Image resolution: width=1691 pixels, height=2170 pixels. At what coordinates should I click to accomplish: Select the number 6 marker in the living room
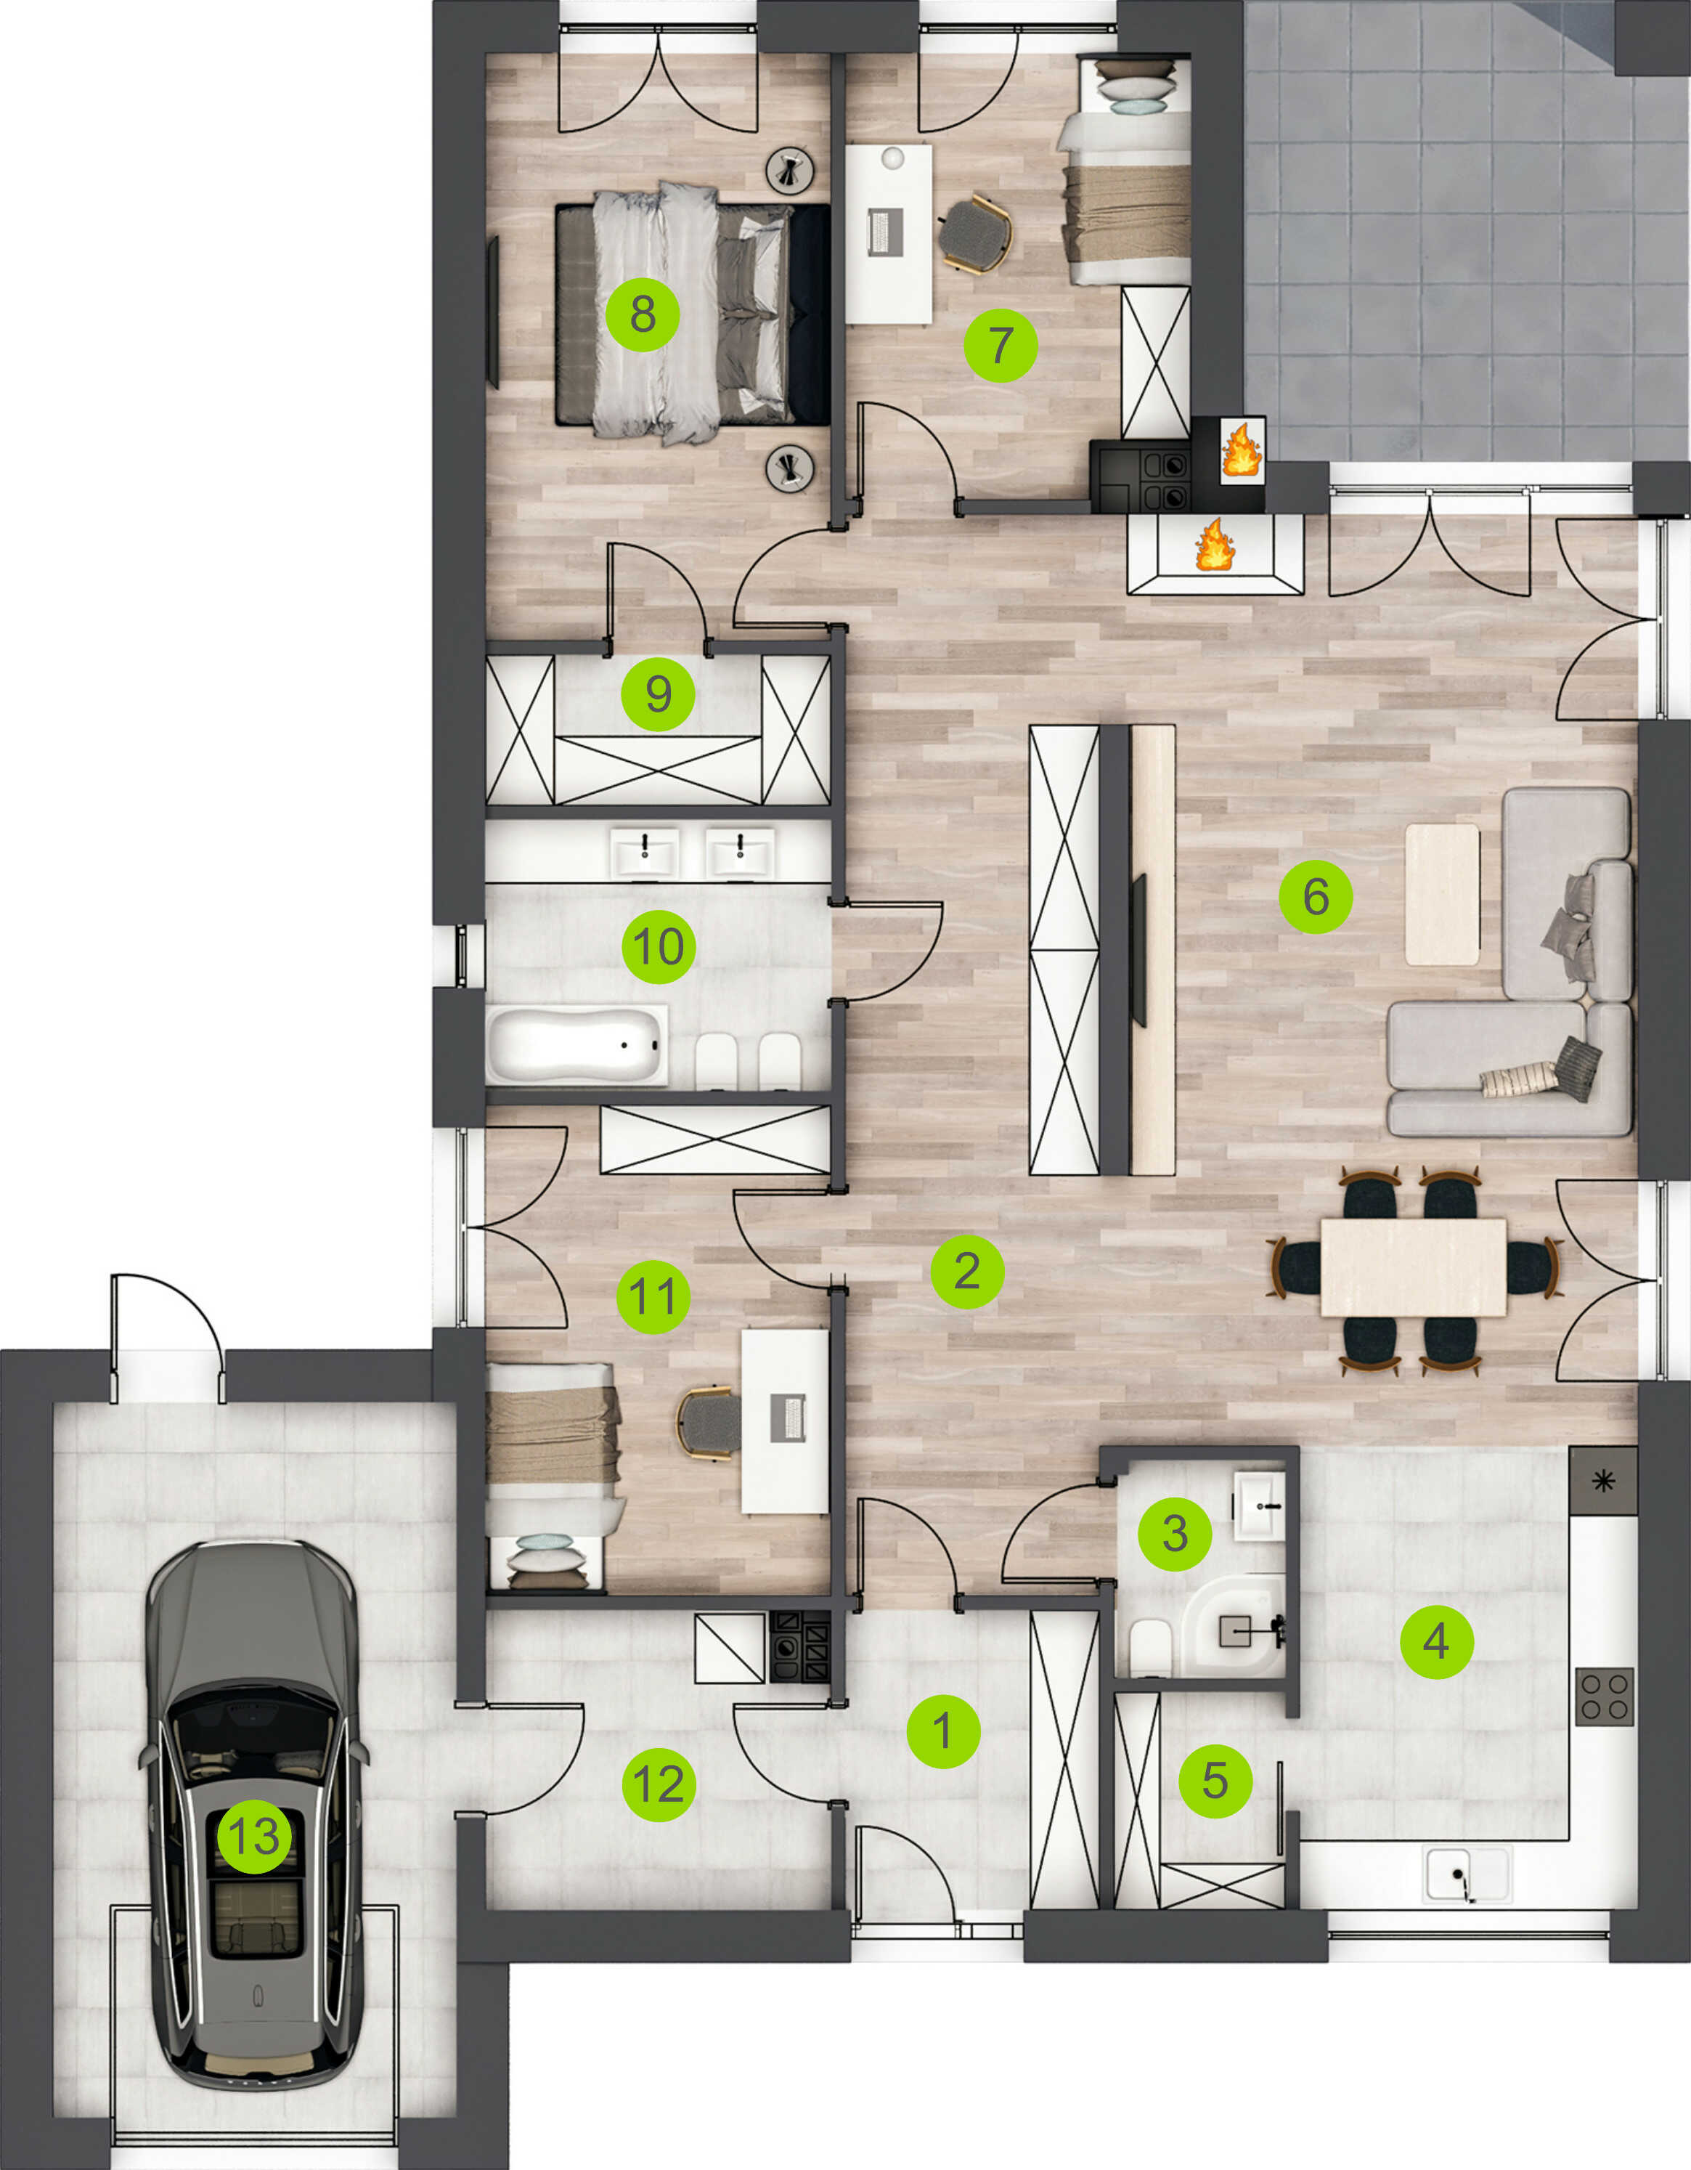(1316, 896)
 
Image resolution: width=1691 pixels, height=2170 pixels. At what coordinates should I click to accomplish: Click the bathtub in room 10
(576, 1044)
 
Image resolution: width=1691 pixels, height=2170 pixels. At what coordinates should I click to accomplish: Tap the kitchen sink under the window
(1467, 1874)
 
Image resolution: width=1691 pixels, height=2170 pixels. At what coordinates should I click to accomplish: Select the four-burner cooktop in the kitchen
(1605, 1696)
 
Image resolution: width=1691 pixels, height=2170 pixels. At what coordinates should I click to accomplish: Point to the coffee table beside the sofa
(1442, 893)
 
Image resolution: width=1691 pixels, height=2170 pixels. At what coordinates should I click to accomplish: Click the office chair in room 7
(974, 235)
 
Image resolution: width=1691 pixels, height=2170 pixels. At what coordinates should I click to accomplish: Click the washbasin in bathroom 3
(1260, 1505)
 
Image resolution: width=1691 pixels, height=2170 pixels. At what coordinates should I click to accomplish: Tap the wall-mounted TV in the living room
(1138, 950)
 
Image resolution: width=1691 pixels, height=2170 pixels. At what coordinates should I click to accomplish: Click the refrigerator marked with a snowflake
(1602, 1481)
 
